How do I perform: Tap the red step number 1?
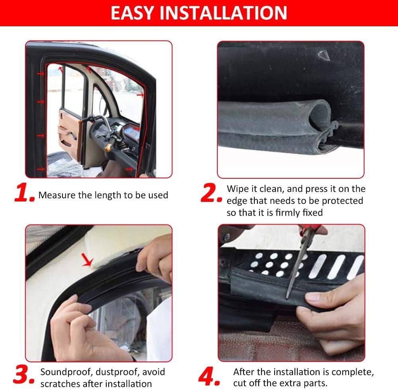pos(25,194)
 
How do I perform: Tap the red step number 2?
pos(211,194)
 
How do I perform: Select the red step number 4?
pos(209,375)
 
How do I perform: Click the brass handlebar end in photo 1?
pos(108,147)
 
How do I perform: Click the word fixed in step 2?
pos(312,213)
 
